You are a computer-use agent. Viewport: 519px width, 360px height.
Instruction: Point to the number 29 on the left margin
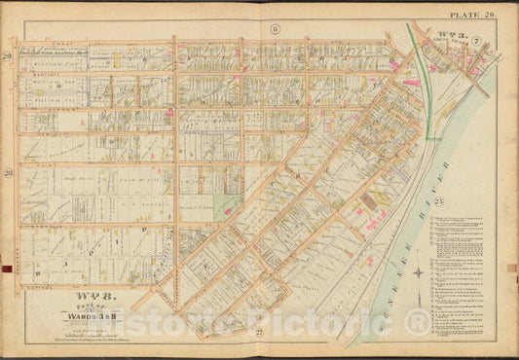pyautogui.click(x=33, y=60)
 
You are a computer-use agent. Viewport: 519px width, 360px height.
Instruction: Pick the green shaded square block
pyautogui.click(x=228, y=205)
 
